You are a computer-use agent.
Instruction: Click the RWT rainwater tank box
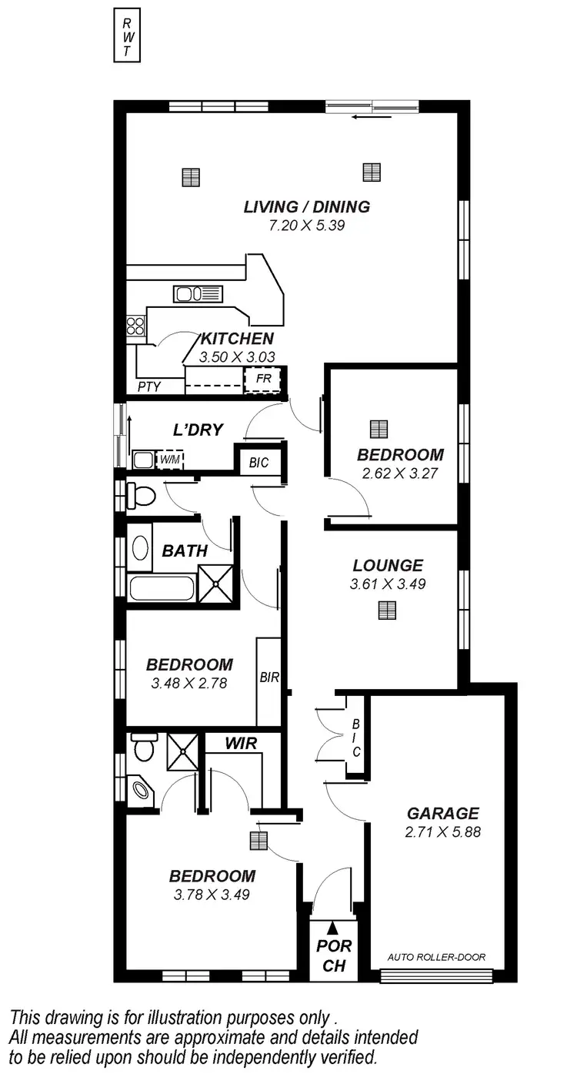tap(127, 35)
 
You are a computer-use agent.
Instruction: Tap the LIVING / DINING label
tap(306, 206)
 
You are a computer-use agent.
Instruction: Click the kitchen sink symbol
tap(198, 293)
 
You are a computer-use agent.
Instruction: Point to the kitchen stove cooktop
tap(136, 326)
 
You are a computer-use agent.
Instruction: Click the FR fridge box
tap(262, 380)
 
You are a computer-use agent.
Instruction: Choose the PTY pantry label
tap(148, 386)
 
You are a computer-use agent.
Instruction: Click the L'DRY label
tap(198, 430)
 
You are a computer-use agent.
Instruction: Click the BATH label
tap(185, 550)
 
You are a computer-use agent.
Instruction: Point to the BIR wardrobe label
tap(268, 678)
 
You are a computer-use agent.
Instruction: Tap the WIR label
tap(241, 743)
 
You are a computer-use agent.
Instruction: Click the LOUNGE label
tap(388, 565)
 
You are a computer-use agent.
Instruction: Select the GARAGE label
tap(442, 813)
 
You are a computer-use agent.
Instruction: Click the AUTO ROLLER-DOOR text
tap(436, 958)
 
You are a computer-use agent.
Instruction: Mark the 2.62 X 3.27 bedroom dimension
tap(400, 473)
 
